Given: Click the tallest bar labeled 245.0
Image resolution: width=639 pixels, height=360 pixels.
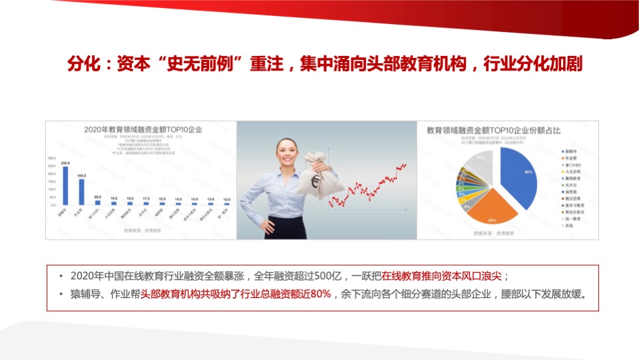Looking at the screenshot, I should tap(65, 186).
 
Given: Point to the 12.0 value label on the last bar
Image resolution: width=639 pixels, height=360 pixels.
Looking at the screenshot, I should tap(227, 199).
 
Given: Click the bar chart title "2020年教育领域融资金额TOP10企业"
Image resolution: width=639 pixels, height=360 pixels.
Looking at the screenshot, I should tap(142, 130).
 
